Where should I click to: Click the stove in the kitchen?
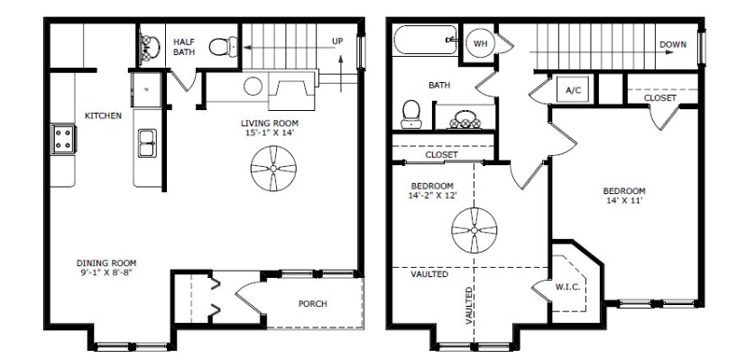(x=63, y=139)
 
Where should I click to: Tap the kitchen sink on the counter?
(x=147, y=143)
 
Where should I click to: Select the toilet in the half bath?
(x=224, y=46)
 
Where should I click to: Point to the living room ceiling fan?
(x=273, y=169)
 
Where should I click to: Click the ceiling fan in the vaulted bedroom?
(x=474, y=230)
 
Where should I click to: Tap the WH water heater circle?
(x=480, y=44)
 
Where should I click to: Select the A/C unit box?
(x=573, y=89)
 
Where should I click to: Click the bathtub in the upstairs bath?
(x=425, y=40)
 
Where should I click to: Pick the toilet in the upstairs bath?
(x=411, y=115)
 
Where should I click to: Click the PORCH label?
(x=312, y=304)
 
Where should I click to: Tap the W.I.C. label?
(x=567, y=287)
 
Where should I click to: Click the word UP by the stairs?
(x=337, y=42)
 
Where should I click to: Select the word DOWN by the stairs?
(x=673, y=44)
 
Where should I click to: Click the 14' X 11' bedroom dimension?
(x=624, y=200)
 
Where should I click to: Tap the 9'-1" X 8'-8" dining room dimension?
(x=106, y=272)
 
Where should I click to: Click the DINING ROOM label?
(x=106, y=263)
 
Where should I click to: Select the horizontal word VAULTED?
(x=429, y=274)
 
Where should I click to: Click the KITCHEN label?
(x=103, y=115)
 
